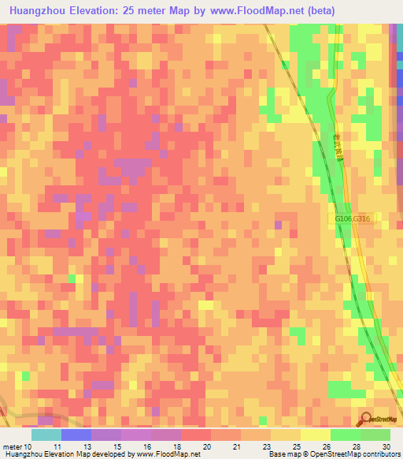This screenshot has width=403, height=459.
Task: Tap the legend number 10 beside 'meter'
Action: click(29, 446)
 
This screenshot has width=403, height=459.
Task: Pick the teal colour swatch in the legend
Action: click(46, 435)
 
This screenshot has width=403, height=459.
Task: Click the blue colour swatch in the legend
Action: click(76, 435)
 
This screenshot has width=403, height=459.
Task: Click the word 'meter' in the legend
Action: click(12, 446)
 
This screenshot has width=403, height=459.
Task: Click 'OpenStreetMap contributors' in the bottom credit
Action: click(359, 454)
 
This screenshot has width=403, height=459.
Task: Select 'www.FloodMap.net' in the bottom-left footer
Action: click(168, 454)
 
